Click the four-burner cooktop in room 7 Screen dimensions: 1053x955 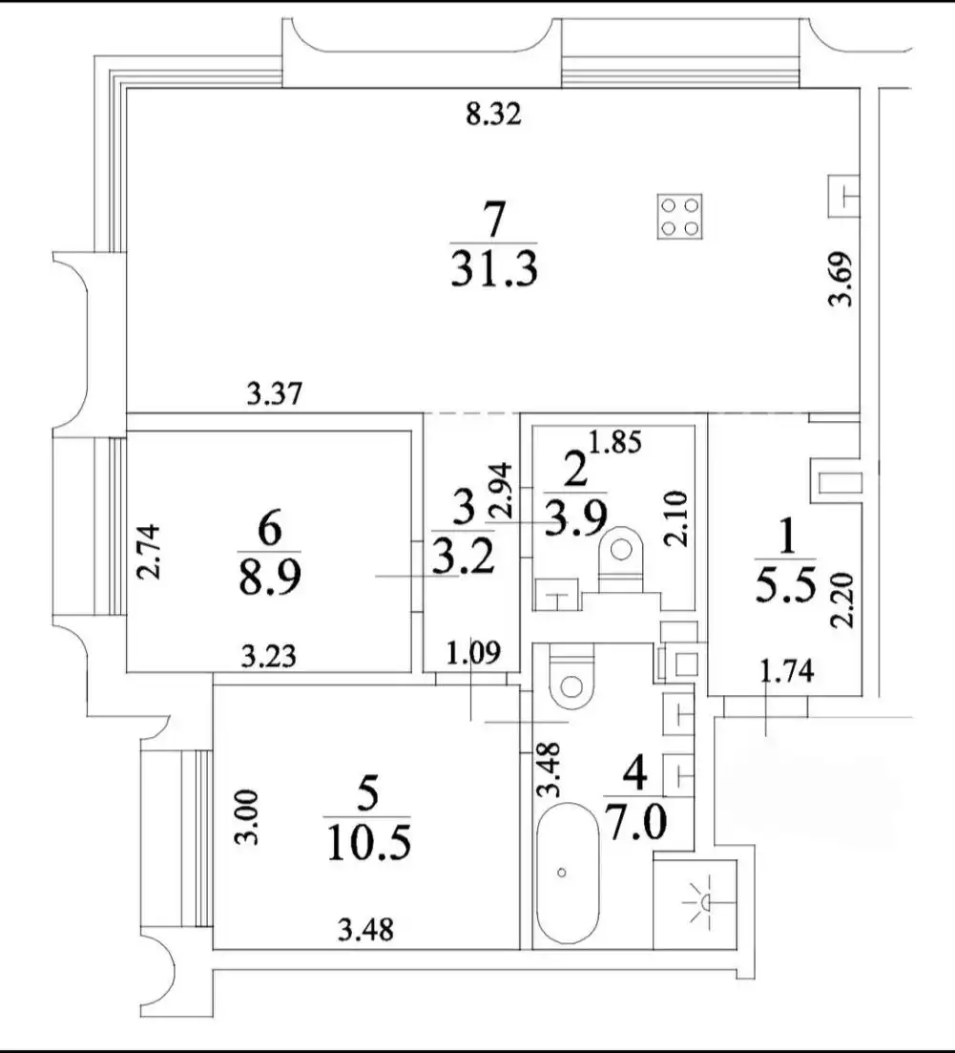pyautogui.click(x=679, y=215)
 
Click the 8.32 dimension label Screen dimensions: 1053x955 pyautogui.click(x=491, y=116)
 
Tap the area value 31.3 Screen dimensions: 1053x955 pyautogui.click(x=493, y=270)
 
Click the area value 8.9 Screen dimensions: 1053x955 pyautogui.click(x=269, y=577)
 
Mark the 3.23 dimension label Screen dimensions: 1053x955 pyautogui.click(x=268, y=657)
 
